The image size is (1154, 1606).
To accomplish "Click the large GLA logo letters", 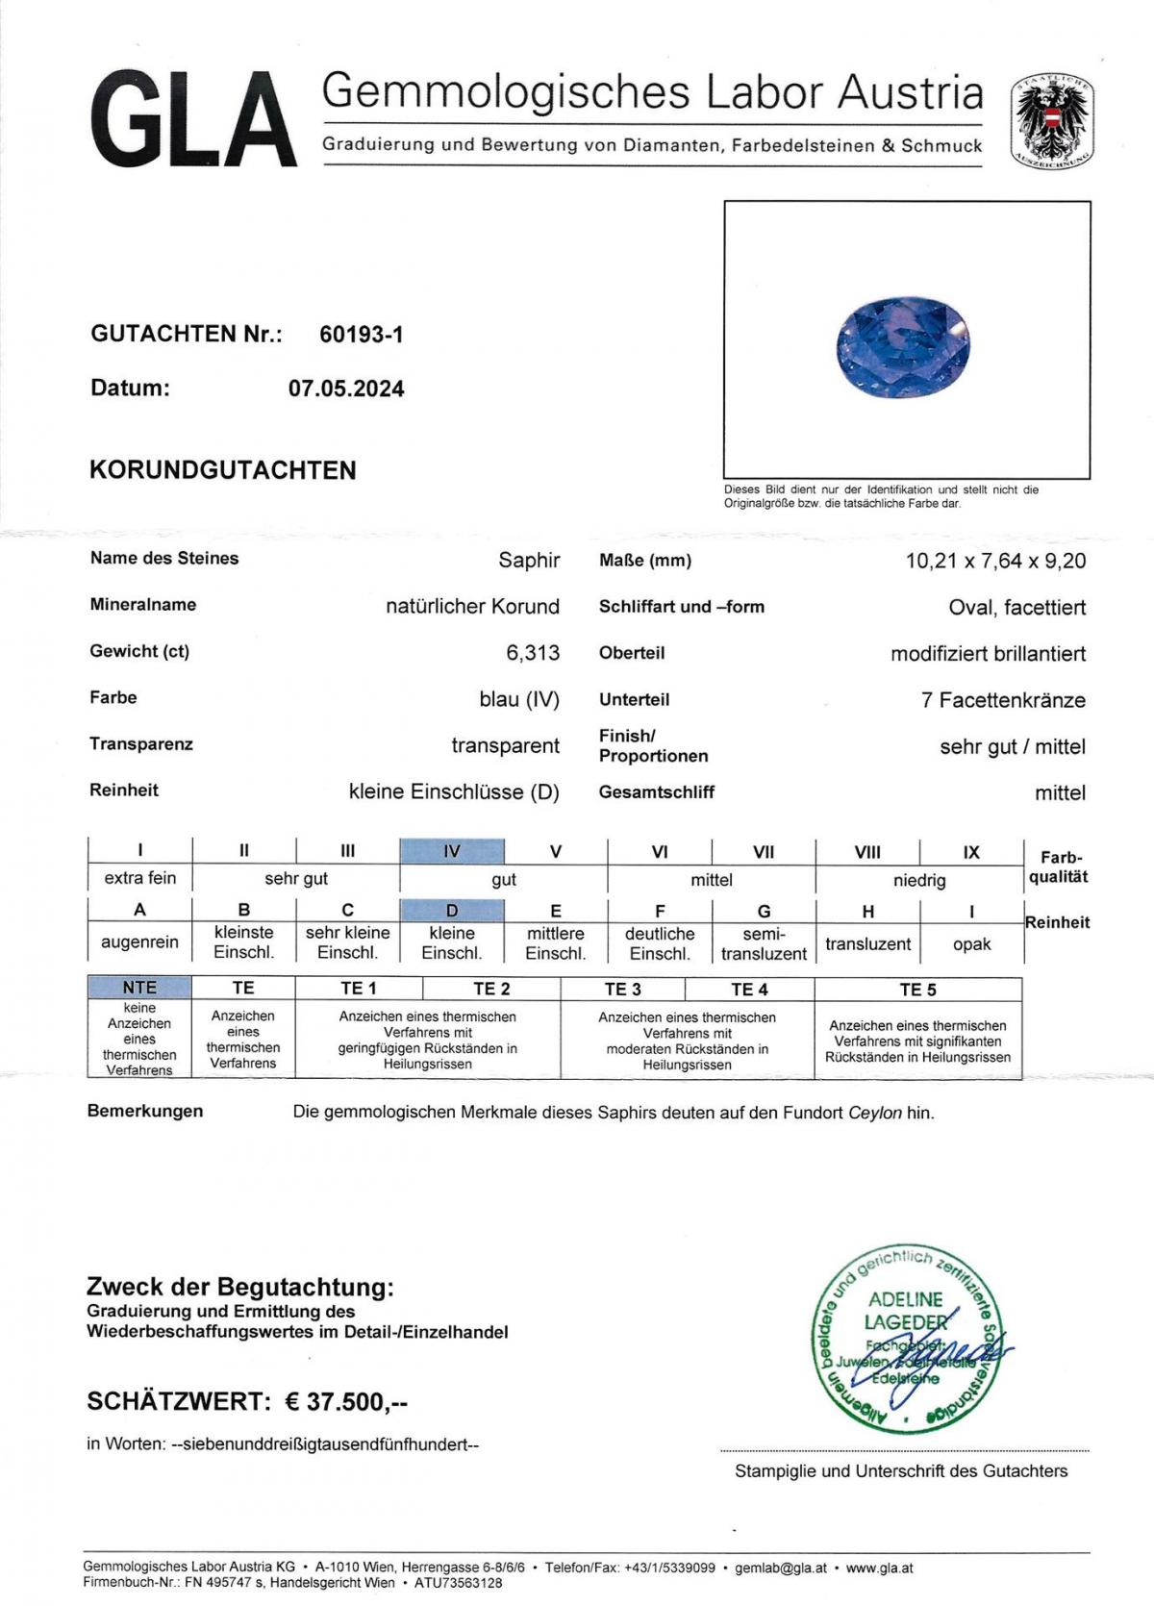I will click(x=192, y=122).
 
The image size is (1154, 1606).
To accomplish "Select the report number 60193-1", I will click(x=362, y=335).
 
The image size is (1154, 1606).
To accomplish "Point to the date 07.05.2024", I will click(x=346, y=389).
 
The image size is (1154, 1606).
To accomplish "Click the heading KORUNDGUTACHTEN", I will click(x=222, y=470).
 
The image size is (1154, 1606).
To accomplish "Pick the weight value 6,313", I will click(x=533, y=653).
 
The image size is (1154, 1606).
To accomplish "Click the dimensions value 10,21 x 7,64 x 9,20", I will click(x=995, y=561).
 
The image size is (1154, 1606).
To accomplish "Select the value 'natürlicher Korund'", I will click(x=472, y=607).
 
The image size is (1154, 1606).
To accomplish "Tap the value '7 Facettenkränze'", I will click(x=1003, y=700).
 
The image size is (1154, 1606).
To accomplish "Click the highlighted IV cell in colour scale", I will click(x=452, y=851).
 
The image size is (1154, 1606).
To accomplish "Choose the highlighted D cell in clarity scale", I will click(x=452, y=911).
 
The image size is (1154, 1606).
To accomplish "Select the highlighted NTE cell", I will click(x=139, y=988).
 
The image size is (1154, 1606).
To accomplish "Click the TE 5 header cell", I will click(x=917, y=990).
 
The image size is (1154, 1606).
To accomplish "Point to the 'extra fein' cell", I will click(x=140, y=878).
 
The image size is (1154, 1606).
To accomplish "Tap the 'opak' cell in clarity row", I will click(x=971, y=943).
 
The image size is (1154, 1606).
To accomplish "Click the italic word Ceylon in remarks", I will click(x=874, y=1113).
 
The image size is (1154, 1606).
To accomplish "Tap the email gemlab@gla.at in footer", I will click(x=780, y=1568).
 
